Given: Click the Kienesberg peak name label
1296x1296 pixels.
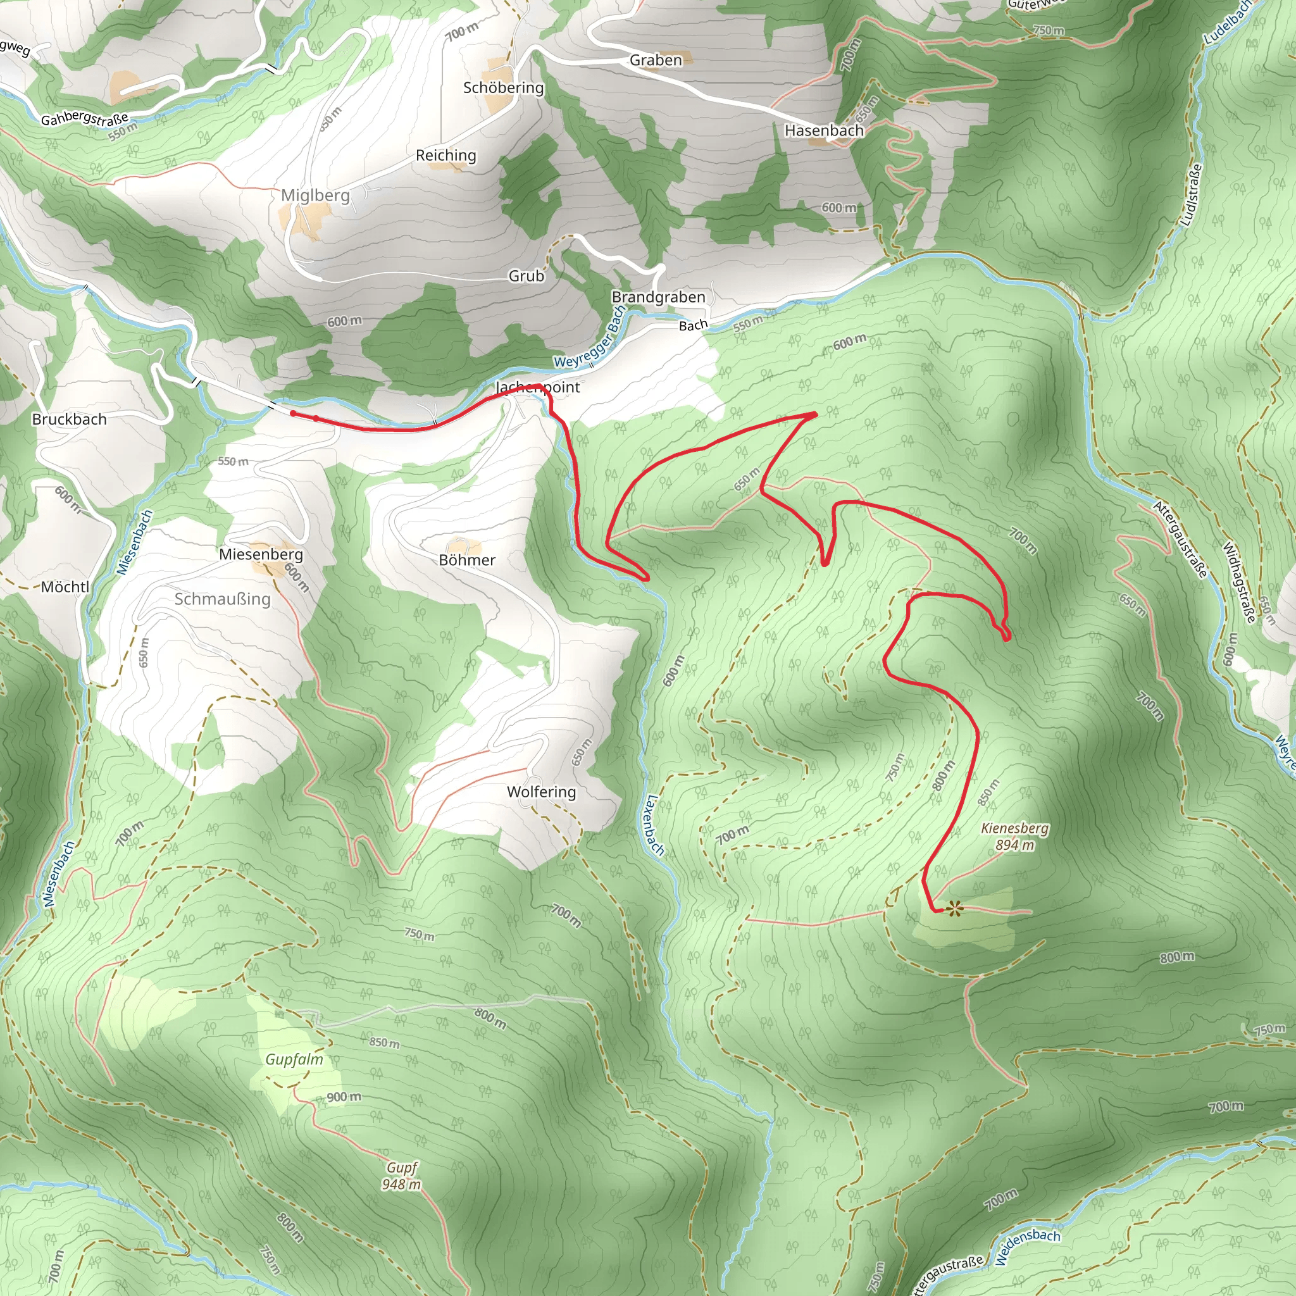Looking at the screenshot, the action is (1014, 828).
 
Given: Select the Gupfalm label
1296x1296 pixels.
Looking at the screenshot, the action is (294, 1059).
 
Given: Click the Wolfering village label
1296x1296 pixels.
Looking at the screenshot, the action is (541, 792).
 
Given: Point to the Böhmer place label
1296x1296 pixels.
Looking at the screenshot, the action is (467, 559).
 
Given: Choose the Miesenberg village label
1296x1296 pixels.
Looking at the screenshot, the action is (261, 554).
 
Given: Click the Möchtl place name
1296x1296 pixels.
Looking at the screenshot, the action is (65, 587).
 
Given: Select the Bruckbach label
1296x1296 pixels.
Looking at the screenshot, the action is (69, 420).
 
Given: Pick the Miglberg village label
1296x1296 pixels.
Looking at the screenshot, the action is (315, 195).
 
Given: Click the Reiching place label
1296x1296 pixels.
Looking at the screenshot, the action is (446, 155).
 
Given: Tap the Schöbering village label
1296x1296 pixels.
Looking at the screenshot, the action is (503, 87).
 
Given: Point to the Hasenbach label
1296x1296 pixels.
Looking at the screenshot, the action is (825, 130).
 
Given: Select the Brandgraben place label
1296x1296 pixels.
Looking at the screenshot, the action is (658, 297).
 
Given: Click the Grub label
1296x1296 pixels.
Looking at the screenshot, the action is (526, 276).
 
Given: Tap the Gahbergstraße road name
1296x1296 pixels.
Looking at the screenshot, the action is (85, 119).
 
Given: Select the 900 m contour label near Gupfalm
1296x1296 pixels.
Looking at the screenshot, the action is (344, 1097).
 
